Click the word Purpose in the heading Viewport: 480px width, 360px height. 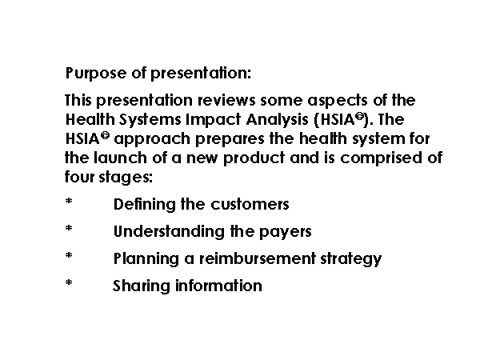coord(96,74)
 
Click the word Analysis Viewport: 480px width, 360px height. coord(277,120)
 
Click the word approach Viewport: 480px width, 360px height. coord(152,139)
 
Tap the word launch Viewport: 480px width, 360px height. coord(120,158)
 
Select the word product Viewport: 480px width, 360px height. coord(254,158)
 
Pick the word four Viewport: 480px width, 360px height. coord(79,177)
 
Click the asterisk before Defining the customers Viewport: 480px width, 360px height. coord(69,201)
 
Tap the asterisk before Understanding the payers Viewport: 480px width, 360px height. coord(69,228)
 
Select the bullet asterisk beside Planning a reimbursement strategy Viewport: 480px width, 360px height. coord(69,255)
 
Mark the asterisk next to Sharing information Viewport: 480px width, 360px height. coord(69,282)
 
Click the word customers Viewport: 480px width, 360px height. coord(250,205)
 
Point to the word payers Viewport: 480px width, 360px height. coord(286,232)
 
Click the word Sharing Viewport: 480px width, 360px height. coord(142,286)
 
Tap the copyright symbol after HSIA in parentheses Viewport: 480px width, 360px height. coord(360,116)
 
